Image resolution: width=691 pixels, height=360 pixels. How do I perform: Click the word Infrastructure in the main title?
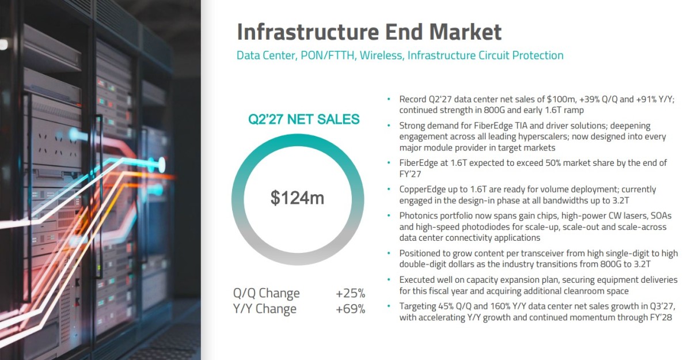pos(307,32)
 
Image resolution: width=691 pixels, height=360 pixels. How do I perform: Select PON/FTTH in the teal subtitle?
pos(328,55)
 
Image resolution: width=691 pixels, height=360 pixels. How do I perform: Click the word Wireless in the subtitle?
pos(381,55)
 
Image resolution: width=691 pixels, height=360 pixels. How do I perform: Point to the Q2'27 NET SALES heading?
pos(304,119)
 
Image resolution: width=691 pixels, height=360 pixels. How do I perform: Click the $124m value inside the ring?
pos(297,198)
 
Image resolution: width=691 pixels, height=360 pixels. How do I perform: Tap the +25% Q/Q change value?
pos(351,293)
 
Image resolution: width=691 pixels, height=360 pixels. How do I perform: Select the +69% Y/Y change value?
pos(351,309)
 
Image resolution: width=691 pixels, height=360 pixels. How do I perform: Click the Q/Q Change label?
pos(266,293)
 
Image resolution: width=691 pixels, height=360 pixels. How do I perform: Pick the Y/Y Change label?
pos(265,309)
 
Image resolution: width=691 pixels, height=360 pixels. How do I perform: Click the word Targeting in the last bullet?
pos(417,306)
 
